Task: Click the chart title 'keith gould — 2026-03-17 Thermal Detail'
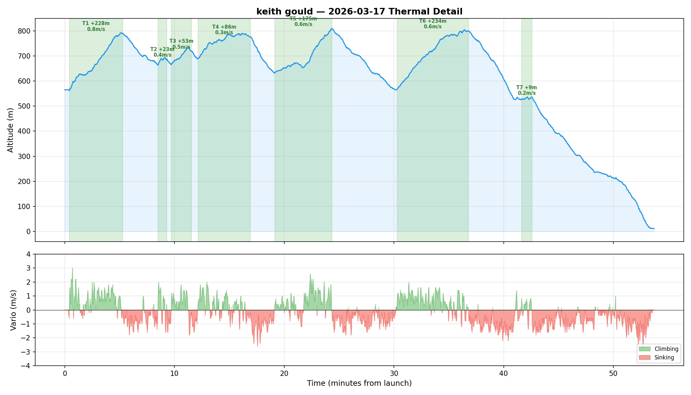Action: [x=359, y=12]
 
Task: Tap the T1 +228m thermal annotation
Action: [x=96, y=26]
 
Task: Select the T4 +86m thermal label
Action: [x=224, y=30]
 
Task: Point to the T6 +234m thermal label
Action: [x=433, y=24]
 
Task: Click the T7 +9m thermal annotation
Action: [x=526, y=90]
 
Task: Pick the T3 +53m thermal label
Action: [x=181, y=44]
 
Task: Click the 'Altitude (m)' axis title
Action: [x=11, y=130]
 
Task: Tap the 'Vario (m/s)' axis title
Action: [x=13, y=310]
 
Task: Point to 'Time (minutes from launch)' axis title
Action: [x=359, y=383]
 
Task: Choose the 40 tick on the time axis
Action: [x=503, y=374]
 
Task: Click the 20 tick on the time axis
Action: [x=284, y=374]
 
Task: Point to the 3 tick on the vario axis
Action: [x=29, y=268]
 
